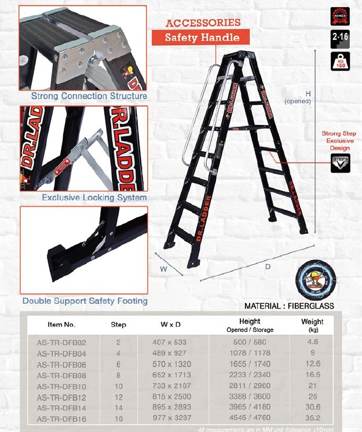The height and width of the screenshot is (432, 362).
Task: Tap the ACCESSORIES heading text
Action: [203, 23]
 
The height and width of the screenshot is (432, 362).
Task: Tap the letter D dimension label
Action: [268, 267]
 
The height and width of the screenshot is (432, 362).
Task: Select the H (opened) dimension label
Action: [298, 97]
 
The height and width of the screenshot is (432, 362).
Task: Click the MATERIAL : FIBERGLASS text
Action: [289, 306]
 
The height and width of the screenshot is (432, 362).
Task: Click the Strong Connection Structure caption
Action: [89, 96]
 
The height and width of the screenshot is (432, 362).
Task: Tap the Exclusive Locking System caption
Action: [94, 197]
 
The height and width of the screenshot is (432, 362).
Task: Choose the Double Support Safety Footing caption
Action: [85, 301]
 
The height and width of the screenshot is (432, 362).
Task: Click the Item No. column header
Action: [61, 324]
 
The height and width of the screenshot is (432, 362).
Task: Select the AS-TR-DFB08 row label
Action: [61, 375]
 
